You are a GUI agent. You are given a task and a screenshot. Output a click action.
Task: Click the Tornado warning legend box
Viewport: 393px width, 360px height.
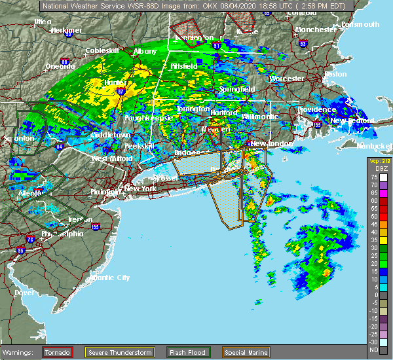click(58, 352)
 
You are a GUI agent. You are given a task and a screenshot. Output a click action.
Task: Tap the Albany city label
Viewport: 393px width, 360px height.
click(145, 51)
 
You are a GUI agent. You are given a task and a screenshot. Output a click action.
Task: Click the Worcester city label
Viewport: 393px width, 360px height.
click(287, 79)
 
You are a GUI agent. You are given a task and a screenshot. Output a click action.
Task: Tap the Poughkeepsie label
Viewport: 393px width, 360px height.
click(150, 117)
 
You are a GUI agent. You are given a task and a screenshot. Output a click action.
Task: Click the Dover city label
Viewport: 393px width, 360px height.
click(24, 292)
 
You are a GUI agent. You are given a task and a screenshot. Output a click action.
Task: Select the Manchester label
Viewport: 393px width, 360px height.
click(315, 30)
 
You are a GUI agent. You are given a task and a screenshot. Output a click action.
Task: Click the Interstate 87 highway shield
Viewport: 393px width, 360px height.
click(122, 92)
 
